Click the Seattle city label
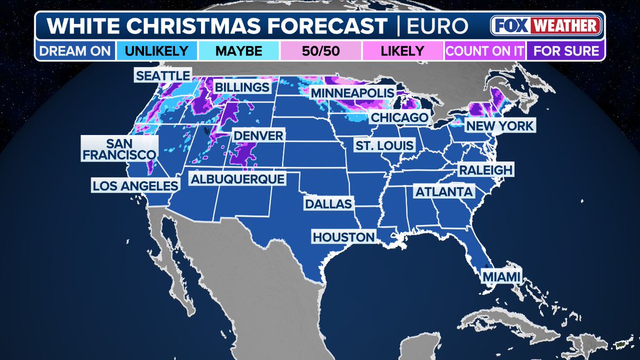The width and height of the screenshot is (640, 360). [x=163, y=75]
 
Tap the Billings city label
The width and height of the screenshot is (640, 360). [x=242, y=87]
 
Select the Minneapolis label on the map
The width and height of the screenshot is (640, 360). [x=353, y=93]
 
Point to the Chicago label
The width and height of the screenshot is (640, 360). [x=399, y=117]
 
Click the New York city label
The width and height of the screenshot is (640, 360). [x=499, y=126]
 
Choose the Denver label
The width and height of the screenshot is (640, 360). [x=259, y=135]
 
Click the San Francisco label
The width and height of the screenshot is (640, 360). [x=119, y=149]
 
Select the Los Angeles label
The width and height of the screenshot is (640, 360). [x=134, y=186]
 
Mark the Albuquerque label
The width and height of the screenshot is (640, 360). [x=237, y=179]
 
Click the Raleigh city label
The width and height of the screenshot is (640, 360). [x=485, y=170]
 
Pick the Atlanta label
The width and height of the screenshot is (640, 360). [x=444, y=191]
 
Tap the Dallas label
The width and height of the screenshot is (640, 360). [x=329, y=204]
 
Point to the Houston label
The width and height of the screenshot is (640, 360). [x=344, y=237]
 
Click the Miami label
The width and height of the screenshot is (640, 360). [x=501, y=276]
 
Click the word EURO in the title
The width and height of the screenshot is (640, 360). [x=438, y=26]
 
